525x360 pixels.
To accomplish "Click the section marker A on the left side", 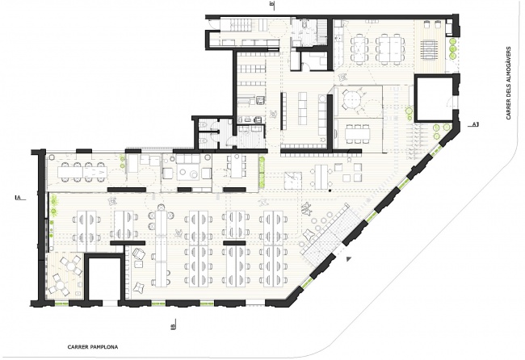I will click(17, 196).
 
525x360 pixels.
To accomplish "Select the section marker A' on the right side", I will click(476, 124).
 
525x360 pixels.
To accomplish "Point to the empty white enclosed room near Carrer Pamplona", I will click(103, 279).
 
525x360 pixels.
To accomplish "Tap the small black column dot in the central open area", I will click(330, 194).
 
